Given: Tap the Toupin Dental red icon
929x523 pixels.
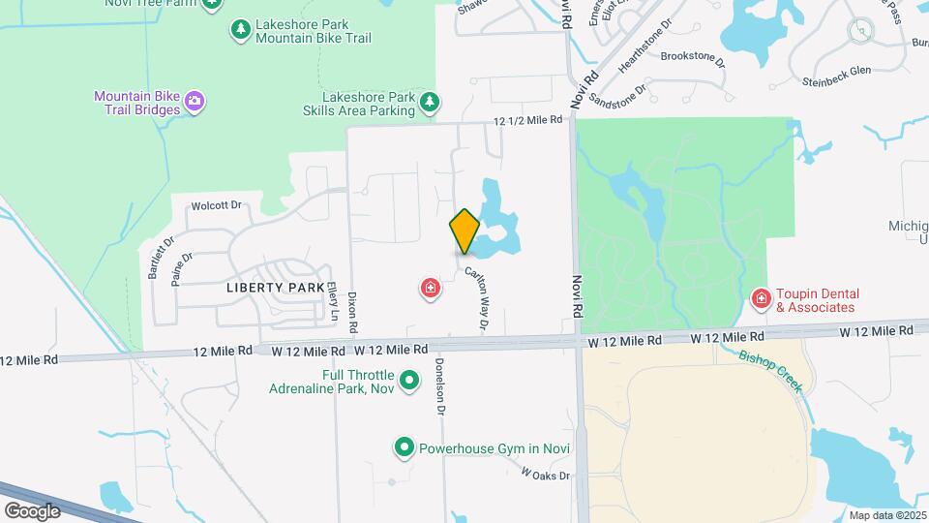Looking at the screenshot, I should pos(762,299).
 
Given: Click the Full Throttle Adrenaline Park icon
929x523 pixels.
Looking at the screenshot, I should pos(409,381).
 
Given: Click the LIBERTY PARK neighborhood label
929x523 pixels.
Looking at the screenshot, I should pos(268,288).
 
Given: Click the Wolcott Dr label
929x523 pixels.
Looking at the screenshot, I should pos(215,205).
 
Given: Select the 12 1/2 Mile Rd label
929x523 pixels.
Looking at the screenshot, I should pos(527,120).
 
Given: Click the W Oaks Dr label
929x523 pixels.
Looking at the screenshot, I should pos(546,475).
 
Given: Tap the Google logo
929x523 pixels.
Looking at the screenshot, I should pos(31,510).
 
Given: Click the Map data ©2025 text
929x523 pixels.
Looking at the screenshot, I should pos(886,515).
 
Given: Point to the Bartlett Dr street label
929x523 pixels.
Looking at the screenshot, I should pos(160,259).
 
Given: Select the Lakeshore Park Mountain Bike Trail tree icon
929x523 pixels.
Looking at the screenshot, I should pos(239,30).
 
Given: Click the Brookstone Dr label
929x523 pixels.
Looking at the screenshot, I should pos(692,57).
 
